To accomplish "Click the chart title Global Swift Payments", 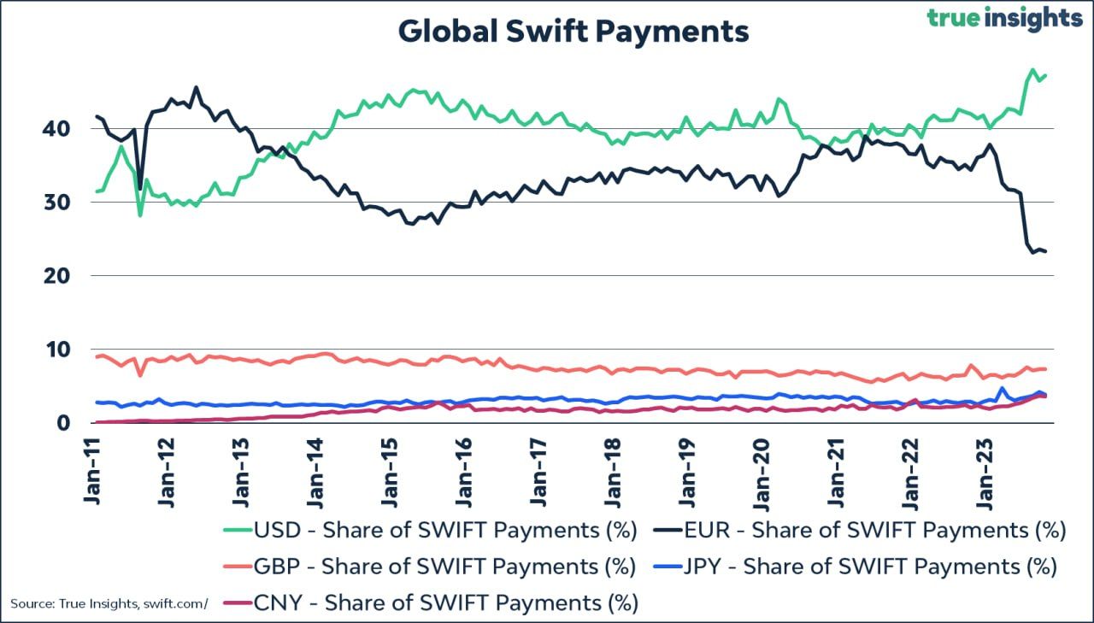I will [x=573, y=32].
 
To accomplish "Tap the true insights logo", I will [x=1004, y=19].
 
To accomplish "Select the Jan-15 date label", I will [x=389, y=471].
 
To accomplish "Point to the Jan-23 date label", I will [x=984, y=471].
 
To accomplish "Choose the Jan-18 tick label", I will [x=612, y=471].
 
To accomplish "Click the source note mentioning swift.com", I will [x=109, y=604].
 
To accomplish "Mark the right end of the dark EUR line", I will [x=1046, y=251].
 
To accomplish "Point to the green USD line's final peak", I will [x=1032, y=70].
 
